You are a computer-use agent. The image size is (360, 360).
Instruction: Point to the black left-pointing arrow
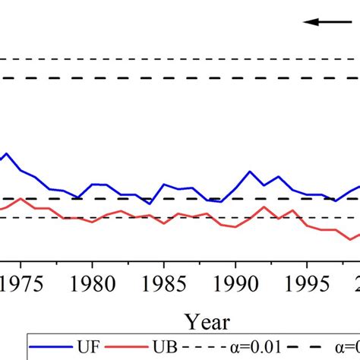(323, 22)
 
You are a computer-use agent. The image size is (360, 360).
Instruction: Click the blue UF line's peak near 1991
(250, 172)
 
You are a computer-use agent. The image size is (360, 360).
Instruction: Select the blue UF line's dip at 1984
(150, 204)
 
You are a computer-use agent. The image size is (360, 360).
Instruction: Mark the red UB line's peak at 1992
(264, 207)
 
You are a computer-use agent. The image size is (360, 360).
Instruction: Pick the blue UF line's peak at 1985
(164, 184)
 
